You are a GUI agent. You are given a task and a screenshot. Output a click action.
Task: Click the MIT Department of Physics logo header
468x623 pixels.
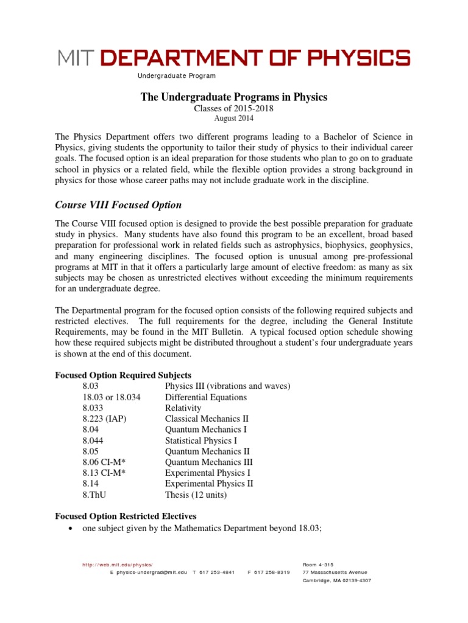(x=234, y=58)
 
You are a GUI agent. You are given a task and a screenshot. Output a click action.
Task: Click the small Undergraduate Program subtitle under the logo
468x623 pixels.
(x=176, y=76)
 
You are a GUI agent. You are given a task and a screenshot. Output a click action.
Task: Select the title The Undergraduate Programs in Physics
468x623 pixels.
(x=234, y=97)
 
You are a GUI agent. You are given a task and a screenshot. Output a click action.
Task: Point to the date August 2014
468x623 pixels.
(x=234, y=119)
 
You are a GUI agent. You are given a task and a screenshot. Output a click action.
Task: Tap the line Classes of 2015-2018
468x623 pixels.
(x=234, y=108)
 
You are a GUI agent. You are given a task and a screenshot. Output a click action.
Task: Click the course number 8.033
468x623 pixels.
(x=91, y=408)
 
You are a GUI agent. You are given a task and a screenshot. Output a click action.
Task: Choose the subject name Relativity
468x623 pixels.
(x=183, y=408)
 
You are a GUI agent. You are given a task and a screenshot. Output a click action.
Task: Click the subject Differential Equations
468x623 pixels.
(x=205, y=397)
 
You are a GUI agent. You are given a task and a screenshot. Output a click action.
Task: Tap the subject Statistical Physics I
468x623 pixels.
(x=200, y=440)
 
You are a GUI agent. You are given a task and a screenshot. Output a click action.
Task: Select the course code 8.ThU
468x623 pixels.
(x=93, y=495)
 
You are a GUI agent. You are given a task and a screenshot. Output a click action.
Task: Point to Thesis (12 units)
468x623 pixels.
(x=196, y=495)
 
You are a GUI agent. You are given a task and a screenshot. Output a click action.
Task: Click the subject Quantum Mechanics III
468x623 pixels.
(x=207, y=462)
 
